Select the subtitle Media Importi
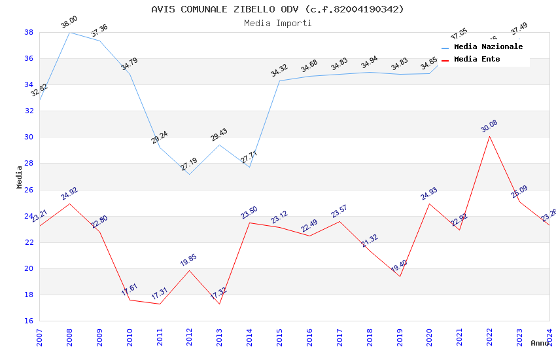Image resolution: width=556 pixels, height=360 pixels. point(277,23)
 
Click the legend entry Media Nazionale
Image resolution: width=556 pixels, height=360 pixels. point(488,46)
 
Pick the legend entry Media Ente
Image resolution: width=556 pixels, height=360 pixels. point(477,59)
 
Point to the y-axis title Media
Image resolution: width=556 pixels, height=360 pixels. point(20,177)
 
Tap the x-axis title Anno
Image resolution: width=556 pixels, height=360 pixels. point(540,343)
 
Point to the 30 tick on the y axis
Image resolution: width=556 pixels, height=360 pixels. point(29,137)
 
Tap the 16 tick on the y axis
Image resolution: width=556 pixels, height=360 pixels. point(29,321)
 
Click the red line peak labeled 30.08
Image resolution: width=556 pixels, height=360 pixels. point(489,136)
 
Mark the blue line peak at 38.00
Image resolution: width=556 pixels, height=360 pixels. point(69,32)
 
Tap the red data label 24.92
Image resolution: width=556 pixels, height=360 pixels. point(69,193)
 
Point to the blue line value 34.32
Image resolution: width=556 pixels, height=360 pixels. point(279,70)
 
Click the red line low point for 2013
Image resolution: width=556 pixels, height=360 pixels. point(219,304)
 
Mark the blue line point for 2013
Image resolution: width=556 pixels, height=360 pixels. point(219,145)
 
